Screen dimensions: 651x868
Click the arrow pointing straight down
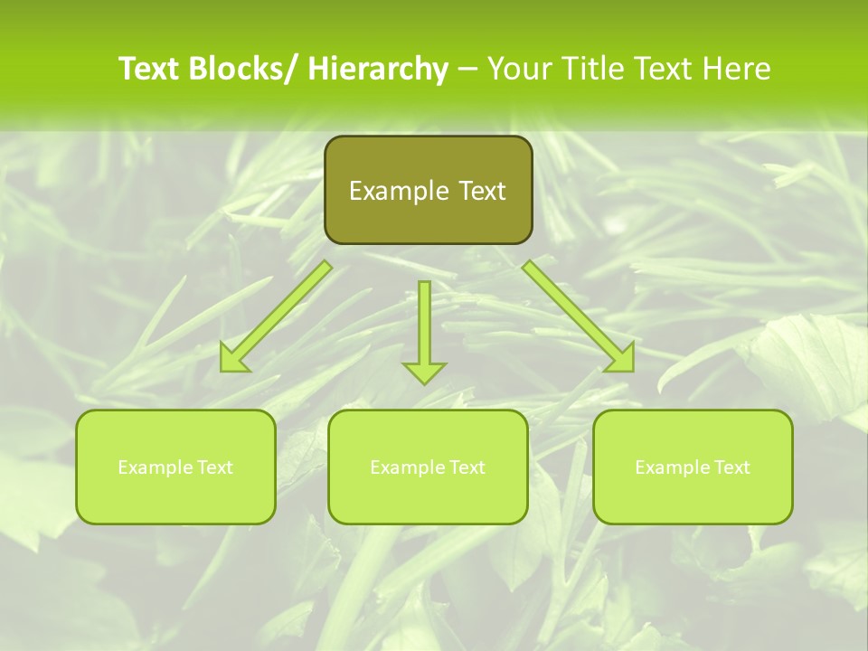[424, 330]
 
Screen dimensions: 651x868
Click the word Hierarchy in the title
[378, 69]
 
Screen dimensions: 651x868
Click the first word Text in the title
[150, 69]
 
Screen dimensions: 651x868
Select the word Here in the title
[738, 69]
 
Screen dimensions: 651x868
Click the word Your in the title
[519, 69]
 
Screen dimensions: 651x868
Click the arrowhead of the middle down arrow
[424, 372]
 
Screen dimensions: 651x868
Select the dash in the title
[467, 70]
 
